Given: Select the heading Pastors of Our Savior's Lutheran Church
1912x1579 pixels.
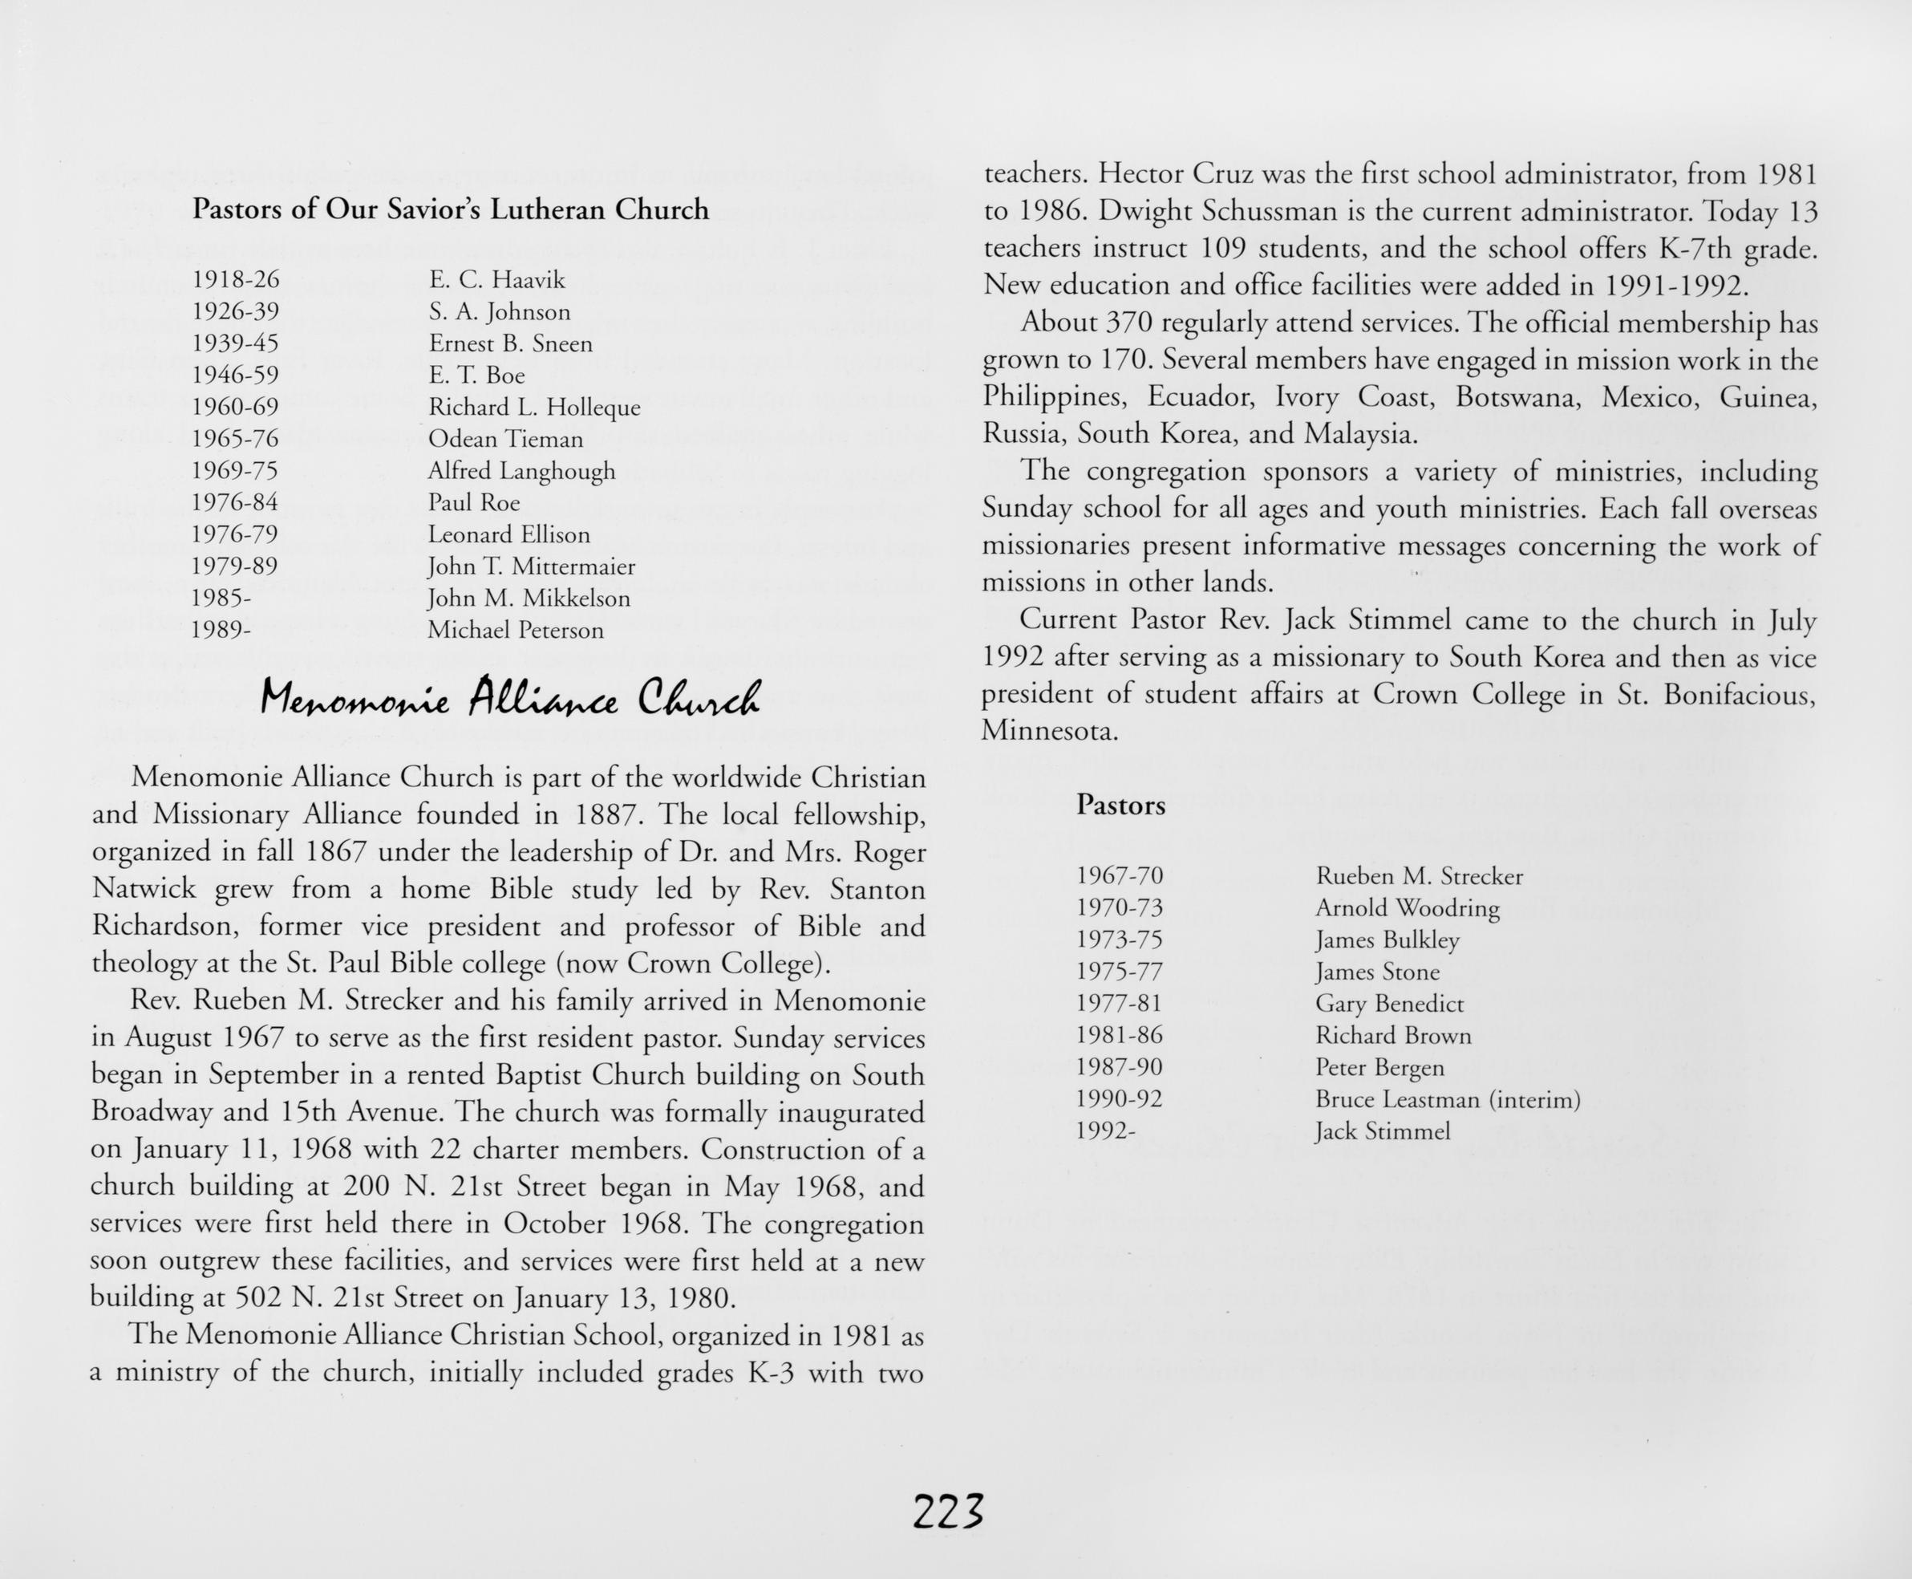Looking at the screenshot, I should (450, 210).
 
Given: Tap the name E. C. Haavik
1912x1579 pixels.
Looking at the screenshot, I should (496, 279).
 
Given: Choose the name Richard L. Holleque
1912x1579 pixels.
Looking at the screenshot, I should (533, 408).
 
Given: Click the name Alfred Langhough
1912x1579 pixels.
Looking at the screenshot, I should (521, 471).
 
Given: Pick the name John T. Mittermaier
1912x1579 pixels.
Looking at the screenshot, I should (531, 566).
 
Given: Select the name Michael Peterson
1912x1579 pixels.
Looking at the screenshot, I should (515, 631).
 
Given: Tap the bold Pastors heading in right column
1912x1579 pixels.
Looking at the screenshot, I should (1120, 805).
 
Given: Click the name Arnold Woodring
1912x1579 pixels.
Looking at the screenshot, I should (1407, 907).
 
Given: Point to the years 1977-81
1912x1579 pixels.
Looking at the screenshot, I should (1119, 1003).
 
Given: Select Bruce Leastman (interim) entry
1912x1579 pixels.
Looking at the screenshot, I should (1448, 1100).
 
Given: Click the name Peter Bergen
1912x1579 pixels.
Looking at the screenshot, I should (1379, 1068).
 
